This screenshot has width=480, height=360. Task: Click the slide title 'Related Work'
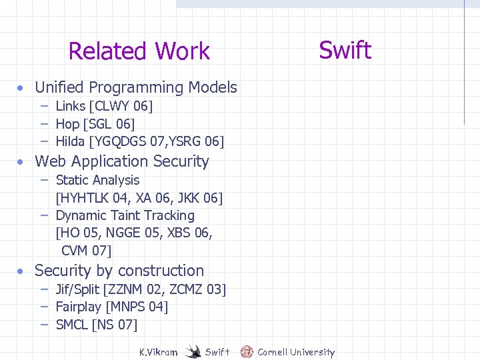click(x=139, y=51)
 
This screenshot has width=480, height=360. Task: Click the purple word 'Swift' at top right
click(x=345, y=50)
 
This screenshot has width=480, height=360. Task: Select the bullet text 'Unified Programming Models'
click(x=135, y=87)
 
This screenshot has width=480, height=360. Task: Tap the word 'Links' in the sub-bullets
click(x=70, y=106)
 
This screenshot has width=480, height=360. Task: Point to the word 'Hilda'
click(x=70, y=141)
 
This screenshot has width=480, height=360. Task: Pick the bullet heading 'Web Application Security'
click(x=121, y=161)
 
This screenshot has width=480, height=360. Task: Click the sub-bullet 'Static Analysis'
click(x=97, y=180)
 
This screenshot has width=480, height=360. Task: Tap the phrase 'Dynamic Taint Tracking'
click(x=125, y=215)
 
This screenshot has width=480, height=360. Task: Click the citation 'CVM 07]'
click(x=86, y=251)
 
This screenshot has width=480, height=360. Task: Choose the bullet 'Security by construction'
click(x=119, y=271)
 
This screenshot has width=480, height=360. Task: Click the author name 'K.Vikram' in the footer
click(x=158, y=352)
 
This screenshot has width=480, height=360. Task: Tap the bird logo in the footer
click(x=193, y=351)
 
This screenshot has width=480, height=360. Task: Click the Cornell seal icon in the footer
click(x=247, y=351)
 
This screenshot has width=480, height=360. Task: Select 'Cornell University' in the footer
click(x=296, y=352)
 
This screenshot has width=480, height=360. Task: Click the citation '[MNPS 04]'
click(x=137, y=307)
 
